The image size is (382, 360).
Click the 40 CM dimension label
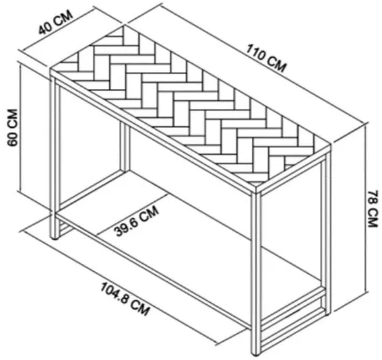coord(56,22)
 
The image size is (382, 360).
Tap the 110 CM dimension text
coord(266,59)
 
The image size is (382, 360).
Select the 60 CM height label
coord(13,128)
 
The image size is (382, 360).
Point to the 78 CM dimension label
coord(373,209)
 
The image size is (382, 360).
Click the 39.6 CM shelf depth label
coord(137,221)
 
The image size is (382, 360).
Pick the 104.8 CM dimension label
coord(125,299)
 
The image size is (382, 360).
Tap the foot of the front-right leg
coord(255,353)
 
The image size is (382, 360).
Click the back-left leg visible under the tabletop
coord(125,147)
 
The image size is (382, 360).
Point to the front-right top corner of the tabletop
coord(256,187)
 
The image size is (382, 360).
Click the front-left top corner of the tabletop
coord(51,70)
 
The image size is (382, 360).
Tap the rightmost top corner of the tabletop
coord(330,146)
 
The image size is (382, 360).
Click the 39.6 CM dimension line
coord(132,215)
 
